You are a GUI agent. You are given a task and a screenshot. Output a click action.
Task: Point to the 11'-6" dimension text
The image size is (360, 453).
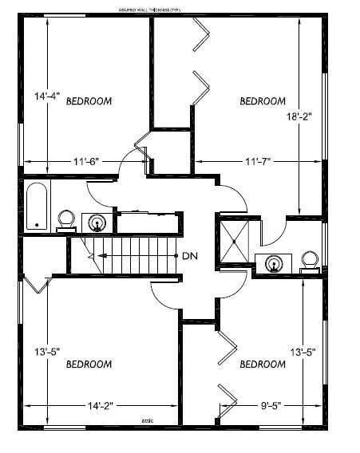(85, 161)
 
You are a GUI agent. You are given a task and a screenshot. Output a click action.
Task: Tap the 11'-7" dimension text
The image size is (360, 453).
(258, 161)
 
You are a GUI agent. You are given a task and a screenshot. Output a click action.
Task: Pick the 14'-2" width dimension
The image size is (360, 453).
(101, 406)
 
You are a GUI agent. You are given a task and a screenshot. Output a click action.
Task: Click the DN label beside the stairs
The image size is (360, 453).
(190, 256)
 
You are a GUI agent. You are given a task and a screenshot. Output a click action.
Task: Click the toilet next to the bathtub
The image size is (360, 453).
(66, 219)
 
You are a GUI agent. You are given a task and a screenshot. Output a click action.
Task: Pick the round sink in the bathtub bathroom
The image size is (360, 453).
(97, 223)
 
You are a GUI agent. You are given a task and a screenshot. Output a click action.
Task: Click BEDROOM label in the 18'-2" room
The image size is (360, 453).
(263, 101)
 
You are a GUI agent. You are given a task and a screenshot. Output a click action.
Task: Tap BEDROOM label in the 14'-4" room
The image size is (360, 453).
(88, 101)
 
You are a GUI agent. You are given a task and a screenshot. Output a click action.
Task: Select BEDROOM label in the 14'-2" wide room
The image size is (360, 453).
(88, 364)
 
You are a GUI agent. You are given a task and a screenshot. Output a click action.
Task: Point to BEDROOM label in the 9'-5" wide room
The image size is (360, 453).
(263, 364)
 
